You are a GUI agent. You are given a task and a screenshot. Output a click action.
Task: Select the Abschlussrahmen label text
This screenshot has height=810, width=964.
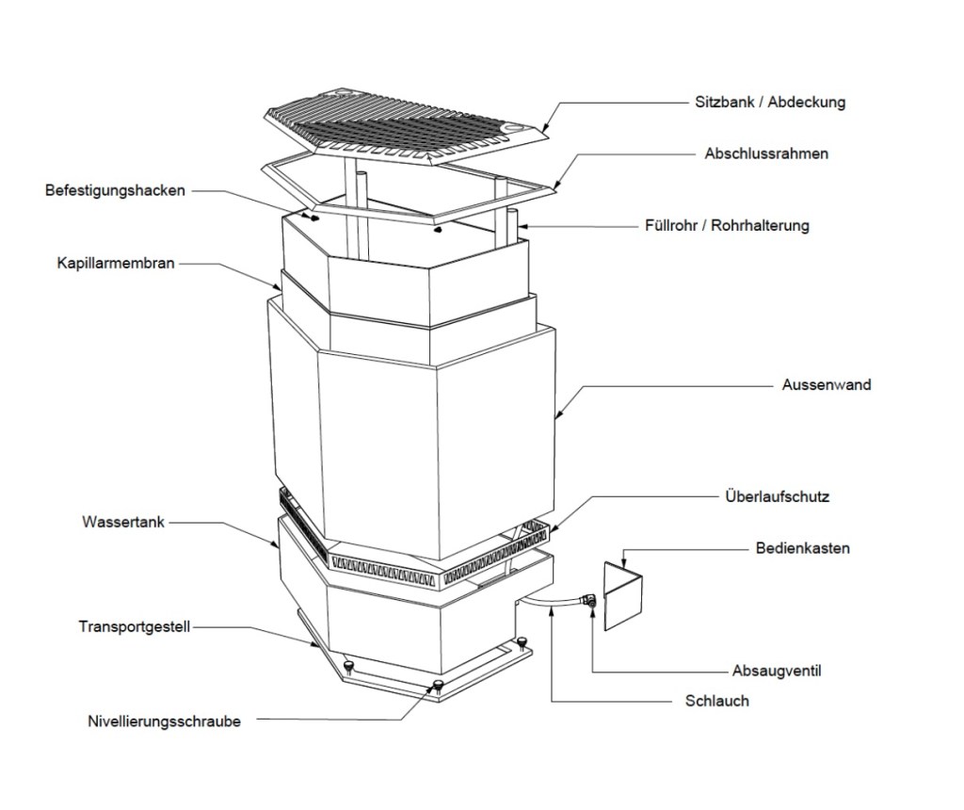point(766,153)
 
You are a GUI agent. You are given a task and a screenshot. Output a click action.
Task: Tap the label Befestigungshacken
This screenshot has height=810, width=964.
point(116,190)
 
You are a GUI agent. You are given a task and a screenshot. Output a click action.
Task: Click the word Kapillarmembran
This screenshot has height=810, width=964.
point(116,264)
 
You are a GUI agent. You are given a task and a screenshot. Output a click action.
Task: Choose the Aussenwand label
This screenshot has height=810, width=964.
point(827,384)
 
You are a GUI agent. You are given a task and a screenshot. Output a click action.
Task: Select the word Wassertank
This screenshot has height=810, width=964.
point(123,521)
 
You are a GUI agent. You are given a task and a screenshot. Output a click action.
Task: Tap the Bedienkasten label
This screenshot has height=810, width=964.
point(802,547)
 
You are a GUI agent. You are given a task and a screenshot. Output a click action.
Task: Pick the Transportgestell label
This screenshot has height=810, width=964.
point(135,626)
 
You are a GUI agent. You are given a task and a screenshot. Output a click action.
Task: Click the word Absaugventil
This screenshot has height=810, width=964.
point(778,672)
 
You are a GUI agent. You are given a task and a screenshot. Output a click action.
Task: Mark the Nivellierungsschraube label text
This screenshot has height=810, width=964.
point(164,722)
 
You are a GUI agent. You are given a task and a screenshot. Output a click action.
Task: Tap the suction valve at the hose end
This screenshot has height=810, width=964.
point(588,600)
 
